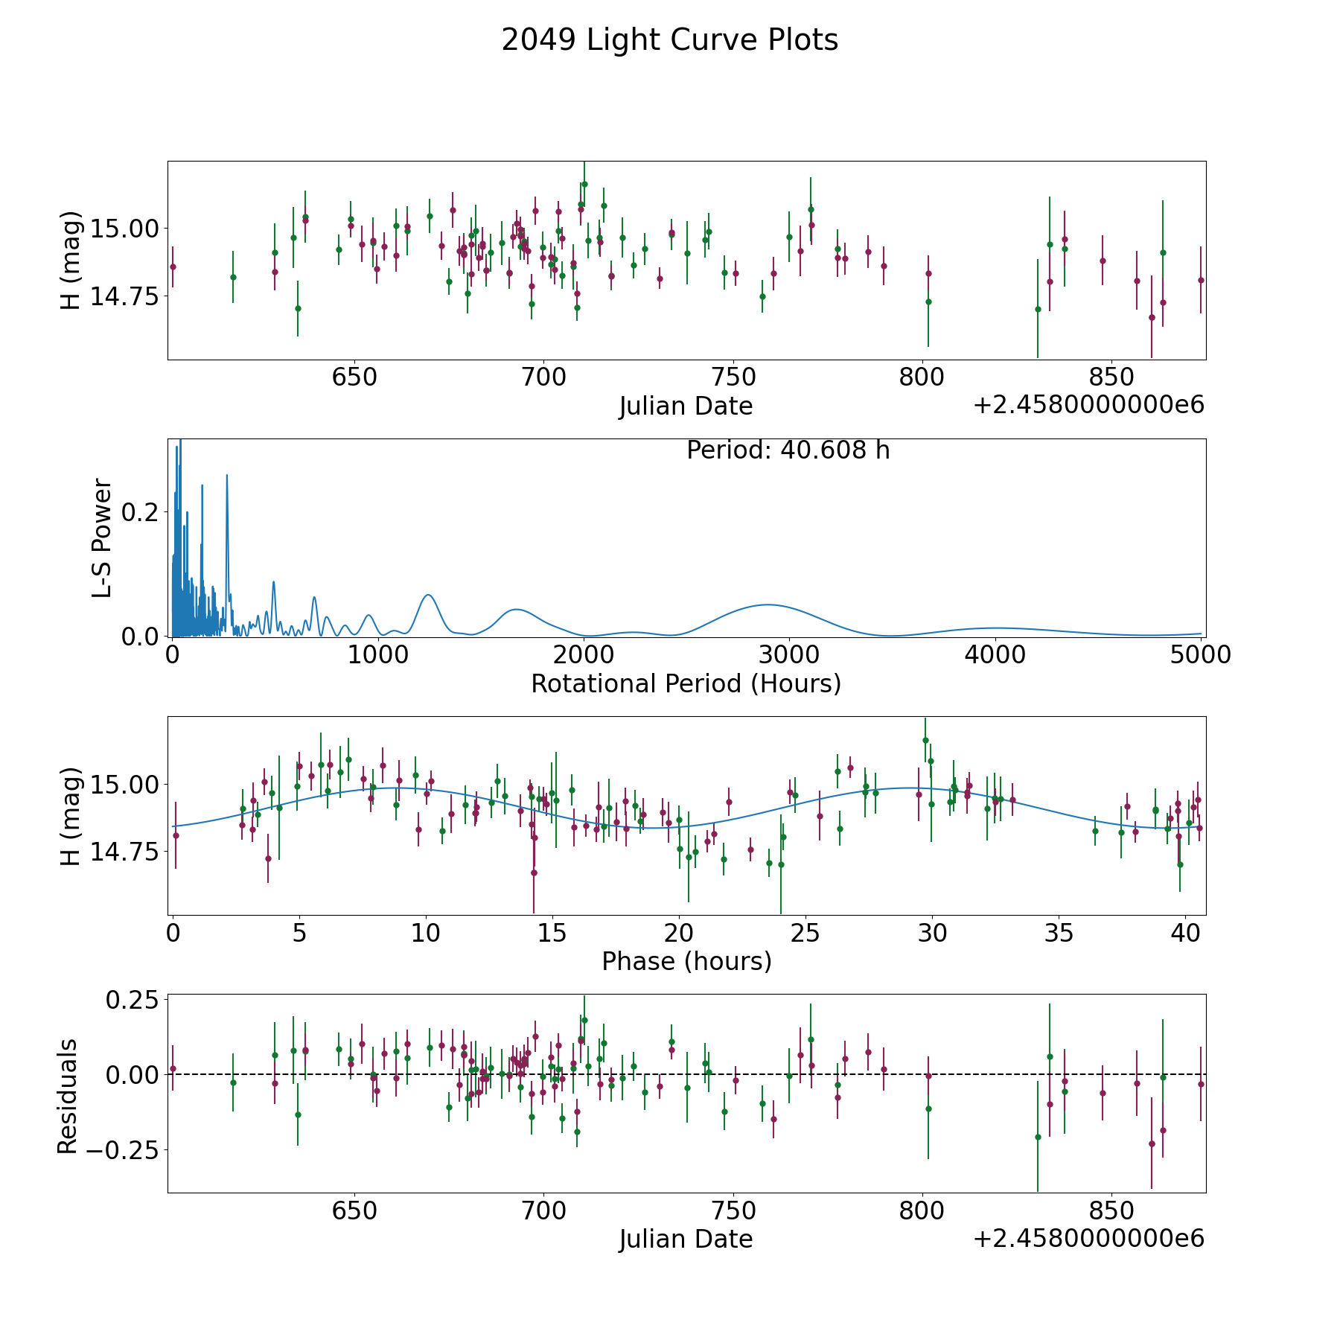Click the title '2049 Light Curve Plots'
(x=669, y=40)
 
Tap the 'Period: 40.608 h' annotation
(x=788, y=450)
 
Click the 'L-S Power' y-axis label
(x=102, y=537)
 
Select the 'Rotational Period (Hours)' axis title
(x=686, y=683)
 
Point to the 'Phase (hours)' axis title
(x=686, y=961)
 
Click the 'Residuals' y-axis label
(x=68, y=1096)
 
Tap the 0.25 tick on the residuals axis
(x=134, y=999)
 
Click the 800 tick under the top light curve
(x=922, y=377)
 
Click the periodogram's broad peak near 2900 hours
(x=768, y=605)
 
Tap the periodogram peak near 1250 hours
(x=428, y=595)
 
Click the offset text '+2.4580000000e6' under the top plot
(x=1088, y=405)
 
